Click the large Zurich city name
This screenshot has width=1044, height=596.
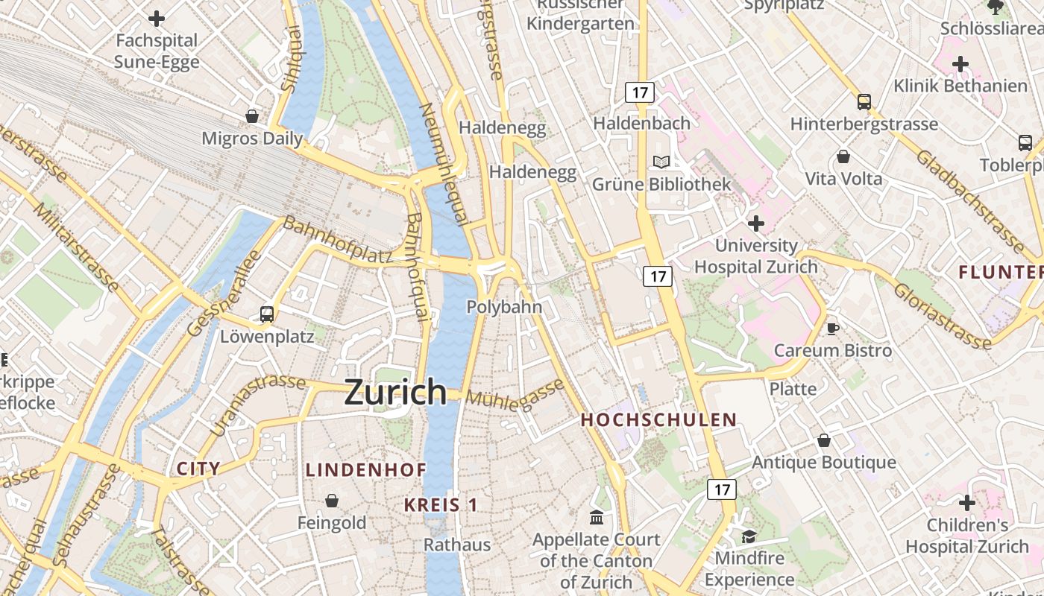[395, 392]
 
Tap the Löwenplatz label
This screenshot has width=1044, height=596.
[267, 337]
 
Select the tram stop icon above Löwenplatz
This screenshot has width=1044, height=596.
[267, 314]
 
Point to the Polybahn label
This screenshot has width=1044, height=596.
[504, 307]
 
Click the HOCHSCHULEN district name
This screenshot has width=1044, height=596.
[658, 420]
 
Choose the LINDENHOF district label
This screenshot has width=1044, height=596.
[366, 470]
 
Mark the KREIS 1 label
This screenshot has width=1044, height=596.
[441, 505]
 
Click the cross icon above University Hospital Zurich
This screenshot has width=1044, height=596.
[755, 223]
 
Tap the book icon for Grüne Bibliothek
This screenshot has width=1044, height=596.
[661, 162]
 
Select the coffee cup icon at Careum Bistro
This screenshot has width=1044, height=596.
[833, 329]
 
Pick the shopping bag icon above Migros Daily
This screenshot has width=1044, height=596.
[252, 116]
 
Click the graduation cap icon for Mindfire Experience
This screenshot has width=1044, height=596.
[748, 536]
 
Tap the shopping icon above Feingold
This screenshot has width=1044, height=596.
[332, 501]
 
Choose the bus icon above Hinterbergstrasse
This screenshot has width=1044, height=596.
[864, 102]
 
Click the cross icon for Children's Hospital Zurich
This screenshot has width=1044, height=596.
[967, 504]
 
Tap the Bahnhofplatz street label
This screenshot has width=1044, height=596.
[338, 240]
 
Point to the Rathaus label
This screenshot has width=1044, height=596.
[457, 545]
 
